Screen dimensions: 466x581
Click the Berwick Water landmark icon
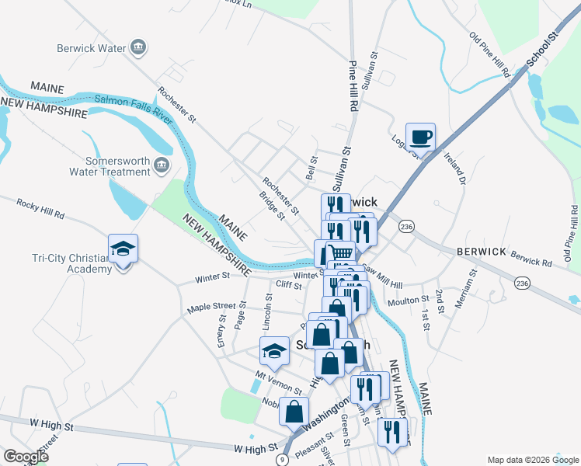tap(139, 48)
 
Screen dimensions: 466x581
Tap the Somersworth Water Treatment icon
tap(161, 165)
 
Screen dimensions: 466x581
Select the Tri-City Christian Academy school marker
tap(123, 249)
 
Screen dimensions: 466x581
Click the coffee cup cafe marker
tap(420, 137)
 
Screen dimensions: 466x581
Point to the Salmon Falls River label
tap(133, 105)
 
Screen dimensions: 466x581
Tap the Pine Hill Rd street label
tap(353, 85)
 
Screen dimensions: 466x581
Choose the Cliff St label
tap(288, 285)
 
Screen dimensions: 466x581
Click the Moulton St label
tap(414, 299)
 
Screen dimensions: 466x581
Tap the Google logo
tap(26, 456)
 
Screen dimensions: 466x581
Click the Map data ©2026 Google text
tap(532, 460)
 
